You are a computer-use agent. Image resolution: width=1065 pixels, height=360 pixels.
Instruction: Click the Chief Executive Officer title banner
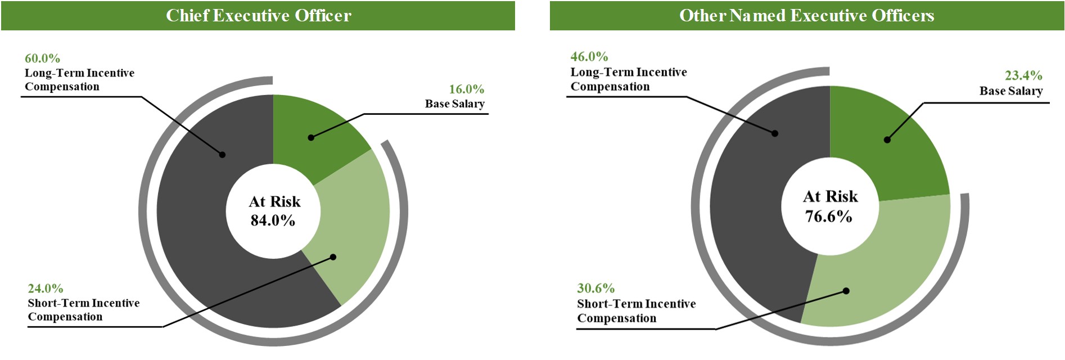tap(258, 15)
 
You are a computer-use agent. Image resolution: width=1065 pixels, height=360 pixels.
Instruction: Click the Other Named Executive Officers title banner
tap(806, 15)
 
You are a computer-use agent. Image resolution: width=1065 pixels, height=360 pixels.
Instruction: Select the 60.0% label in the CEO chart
tap(42, 58)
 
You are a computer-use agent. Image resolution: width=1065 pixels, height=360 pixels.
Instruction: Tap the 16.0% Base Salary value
tap(466, 89)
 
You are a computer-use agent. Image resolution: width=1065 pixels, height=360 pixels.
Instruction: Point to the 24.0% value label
tap(46, 289)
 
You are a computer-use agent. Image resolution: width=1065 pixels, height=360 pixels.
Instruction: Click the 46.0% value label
tap(589, 57)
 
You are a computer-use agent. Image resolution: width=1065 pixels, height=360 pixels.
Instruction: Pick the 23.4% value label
tap(1023, 76)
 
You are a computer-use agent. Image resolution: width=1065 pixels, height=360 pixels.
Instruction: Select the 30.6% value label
tap(595, 289)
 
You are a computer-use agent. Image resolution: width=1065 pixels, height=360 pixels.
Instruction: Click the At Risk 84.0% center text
tap(274, 211)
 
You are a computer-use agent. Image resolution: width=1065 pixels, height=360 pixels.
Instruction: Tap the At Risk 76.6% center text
tap(829, 206)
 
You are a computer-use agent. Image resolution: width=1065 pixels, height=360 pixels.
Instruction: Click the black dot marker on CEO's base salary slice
tap(311, 137)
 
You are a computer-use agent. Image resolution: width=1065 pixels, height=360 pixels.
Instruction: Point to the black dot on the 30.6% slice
tap(846, 291)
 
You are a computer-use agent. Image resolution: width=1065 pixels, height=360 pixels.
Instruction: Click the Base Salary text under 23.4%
tap(1010, 91)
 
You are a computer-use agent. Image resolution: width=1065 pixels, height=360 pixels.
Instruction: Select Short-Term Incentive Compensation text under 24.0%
tap(83, 310)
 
